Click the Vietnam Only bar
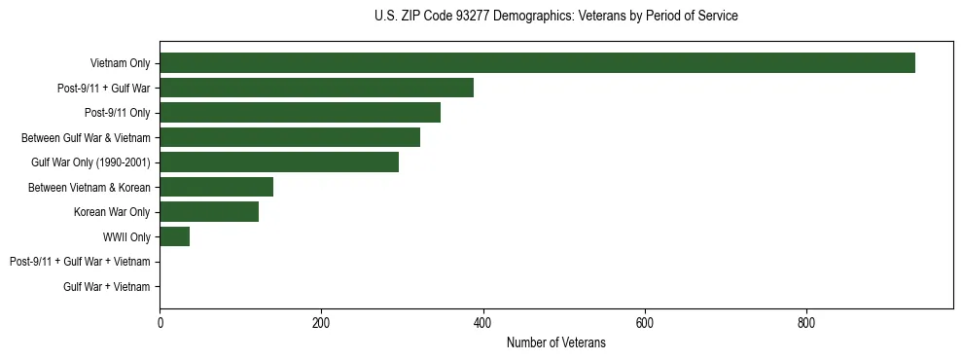(537, 63)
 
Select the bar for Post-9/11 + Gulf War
(316, 88)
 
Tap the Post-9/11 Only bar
(300, 113)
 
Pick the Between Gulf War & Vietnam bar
(290, 137)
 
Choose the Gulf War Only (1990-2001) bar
(279, 162)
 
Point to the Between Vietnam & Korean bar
(216, 187)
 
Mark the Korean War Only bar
(209, 212)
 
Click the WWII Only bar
(174, 236)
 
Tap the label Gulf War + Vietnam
(107, 287)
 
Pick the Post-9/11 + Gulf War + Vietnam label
(80, 262)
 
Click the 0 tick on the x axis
(160, 323)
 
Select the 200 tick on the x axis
(321, 323)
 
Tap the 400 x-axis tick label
(482, 323)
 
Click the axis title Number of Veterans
(555, 343)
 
